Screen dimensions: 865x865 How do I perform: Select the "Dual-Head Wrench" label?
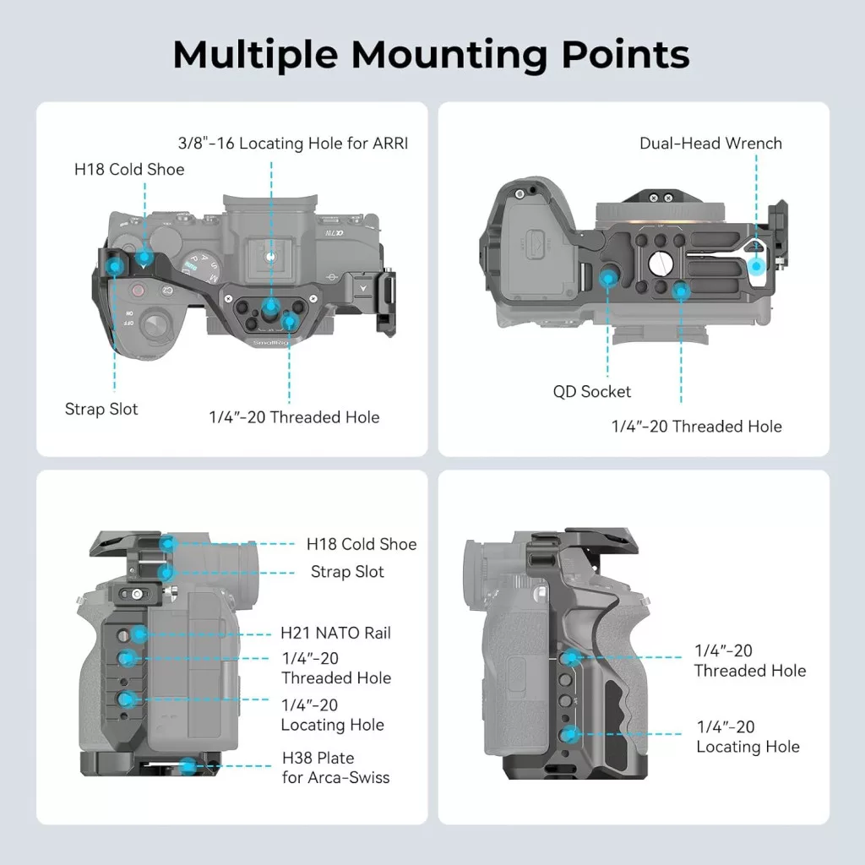[x=710, y=144]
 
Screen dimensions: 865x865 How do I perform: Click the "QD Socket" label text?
[x=591, y=392]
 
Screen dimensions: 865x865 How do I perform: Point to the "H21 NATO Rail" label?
[x=335, y=633]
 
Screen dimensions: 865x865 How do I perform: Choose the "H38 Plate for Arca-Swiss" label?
[x=335, y=767]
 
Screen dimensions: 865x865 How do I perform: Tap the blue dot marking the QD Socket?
[x=607, y=276]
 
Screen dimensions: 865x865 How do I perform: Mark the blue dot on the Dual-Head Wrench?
[x=758, y=266]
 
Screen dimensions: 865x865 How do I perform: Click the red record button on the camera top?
[x=137, y=291]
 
